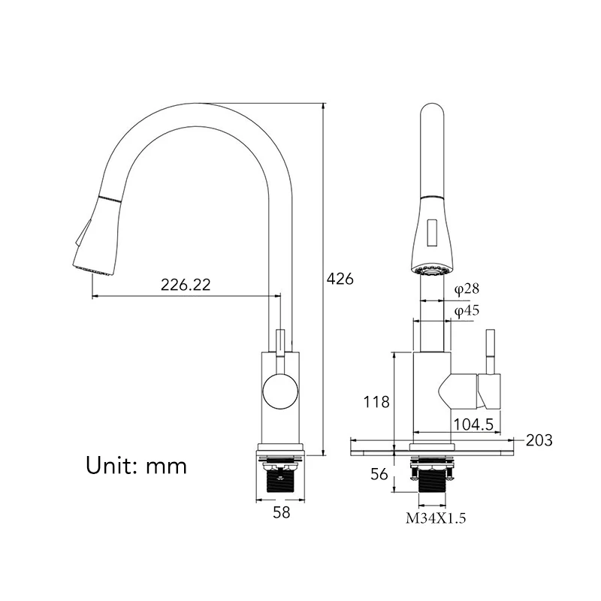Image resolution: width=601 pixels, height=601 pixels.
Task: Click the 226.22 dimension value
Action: point(186,285)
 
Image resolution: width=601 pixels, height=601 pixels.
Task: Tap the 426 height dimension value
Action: point(340,279)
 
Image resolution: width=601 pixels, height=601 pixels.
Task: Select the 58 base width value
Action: point(281,512)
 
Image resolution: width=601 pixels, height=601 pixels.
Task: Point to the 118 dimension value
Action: point(376,402)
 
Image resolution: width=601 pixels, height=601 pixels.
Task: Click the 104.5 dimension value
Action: point(473,424)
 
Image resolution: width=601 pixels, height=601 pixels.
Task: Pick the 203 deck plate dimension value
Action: point(539,440)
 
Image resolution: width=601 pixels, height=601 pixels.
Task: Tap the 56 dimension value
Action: point(379,475)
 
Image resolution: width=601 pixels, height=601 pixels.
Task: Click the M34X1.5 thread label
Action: point(436,518)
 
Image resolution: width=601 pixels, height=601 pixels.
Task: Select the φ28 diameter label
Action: point(467,288)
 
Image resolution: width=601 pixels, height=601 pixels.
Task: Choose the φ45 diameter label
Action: point(467,310)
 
